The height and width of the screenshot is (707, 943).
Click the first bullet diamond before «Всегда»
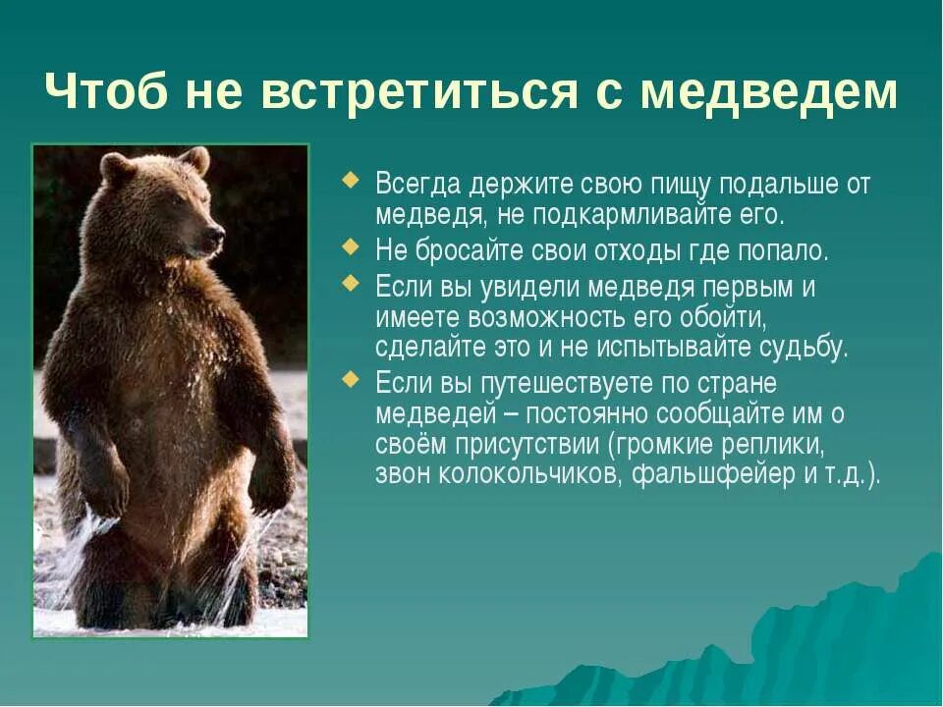tap(352, 181)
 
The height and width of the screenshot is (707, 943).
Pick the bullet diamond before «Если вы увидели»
tap(352, 284)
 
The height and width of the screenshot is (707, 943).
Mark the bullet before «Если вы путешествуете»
tap(352, 377)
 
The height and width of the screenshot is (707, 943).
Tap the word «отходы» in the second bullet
tap(639, 250)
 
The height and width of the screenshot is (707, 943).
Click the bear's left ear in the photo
tap(116, 168)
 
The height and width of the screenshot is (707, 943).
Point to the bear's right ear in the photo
tap(196, 158)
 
